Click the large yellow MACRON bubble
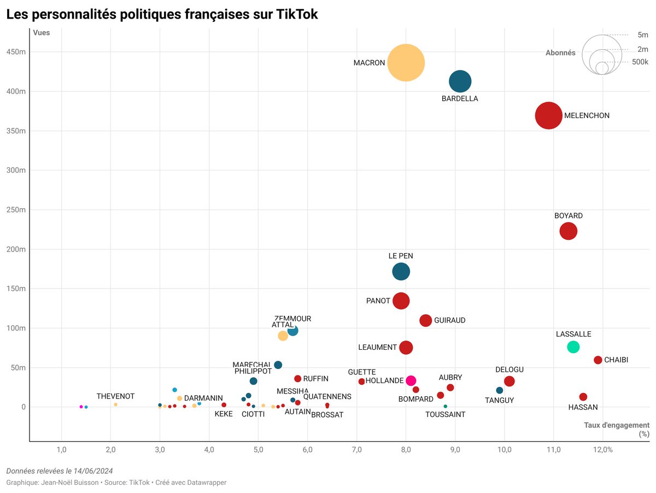coord(406,63)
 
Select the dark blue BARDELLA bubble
coord(460,81)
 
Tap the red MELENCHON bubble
coord(549,116)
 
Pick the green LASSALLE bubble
coord(573,347)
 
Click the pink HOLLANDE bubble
coord(411,381)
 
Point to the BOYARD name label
coord(569,216)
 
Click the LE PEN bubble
coord(401,271)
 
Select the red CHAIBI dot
coord(598,360)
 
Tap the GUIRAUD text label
coord(450,320)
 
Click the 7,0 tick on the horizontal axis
coord(356,450)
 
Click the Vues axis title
coord(41,33)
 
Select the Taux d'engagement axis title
coord(616,425)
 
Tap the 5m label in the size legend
coord(643,35)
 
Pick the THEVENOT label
coord(115,396)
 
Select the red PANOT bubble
coord(401,301)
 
